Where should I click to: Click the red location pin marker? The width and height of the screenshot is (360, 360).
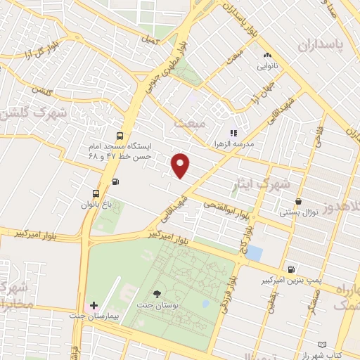coord(181,165)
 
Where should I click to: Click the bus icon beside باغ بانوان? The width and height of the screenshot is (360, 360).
coord(96,193)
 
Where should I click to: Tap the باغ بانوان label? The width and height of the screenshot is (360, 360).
coord(96,204)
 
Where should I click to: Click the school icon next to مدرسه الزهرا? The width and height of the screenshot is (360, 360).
coord(233,131)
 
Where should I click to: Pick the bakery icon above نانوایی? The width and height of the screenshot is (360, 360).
coord(266,55)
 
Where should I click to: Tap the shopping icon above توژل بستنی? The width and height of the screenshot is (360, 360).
coord(299,201)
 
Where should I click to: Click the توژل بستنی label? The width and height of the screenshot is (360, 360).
coord(299,212)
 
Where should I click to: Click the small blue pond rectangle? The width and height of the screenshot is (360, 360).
coord(254,252)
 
